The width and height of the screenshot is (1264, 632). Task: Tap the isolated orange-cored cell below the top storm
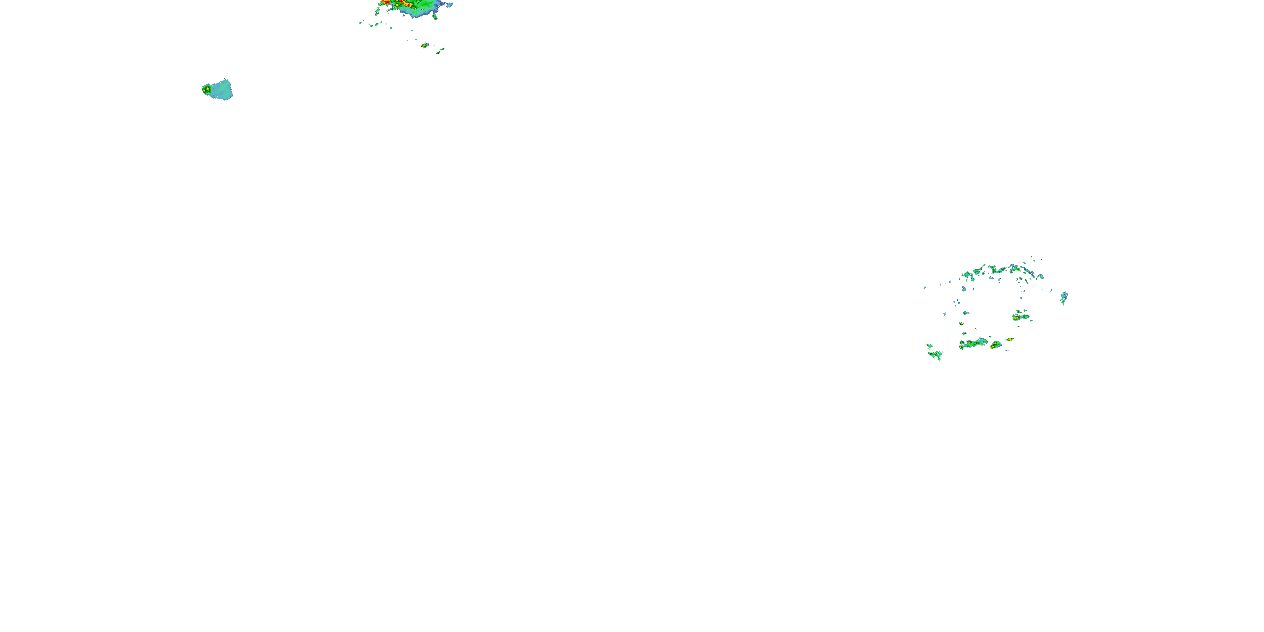click(424, 46)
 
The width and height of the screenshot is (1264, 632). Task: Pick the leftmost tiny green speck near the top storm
click(361, 21)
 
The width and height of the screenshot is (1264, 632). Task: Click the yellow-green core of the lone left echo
click(206, 89)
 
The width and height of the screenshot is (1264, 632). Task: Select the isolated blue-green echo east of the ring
click(1064, 297)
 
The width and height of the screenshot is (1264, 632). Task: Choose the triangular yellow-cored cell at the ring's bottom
click(995, 345)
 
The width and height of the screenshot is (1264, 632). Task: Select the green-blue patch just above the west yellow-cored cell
click(966, 313)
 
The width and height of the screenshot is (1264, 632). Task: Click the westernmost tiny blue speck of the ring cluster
click(924, 287)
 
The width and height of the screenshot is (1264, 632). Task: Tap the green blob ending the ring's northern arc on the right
click(1039, 277)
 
